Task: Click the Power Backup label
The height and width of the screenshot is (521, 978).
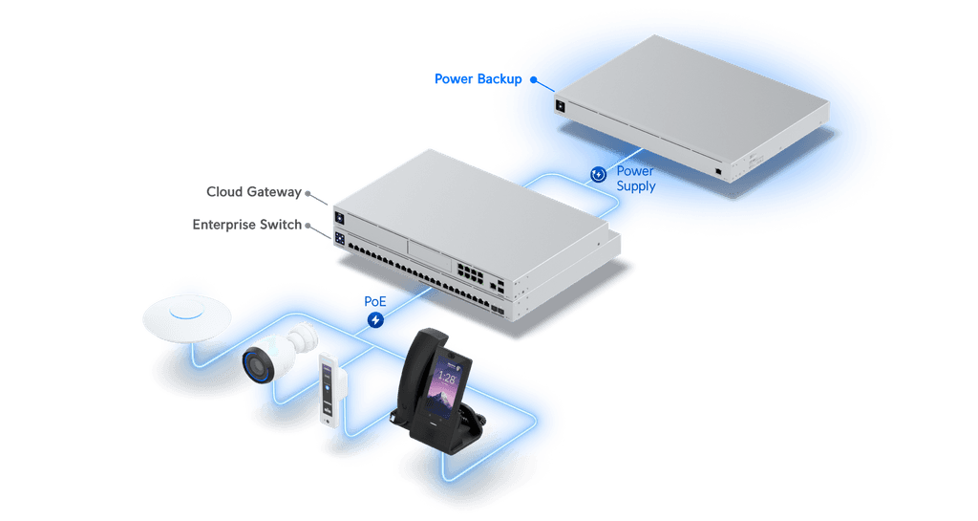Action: pos(478,79)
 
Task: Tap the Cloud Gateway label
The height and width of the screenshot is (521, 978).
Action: pos(254,192)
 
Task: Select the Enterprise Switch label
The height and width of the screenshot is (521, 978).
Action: pos(247,225)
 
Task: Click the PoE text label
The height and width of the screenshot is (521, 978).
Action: pos(374,301)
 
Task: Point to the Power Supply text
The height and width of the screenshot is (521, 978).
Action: pos(635,179)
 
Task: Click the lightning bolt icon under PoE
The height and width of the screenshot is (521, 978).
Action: pos(375,320)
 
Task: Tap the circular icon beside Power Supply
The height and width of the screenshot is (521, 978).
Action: pos(598,174)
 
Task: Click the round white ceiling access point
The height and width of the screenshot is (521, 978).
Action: pos(186,317)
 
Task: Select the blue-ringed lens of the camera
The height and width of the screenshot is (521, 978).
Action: pos(258,365)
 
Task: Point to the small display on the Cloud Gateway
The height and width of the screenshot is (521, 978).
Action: pos(340,218)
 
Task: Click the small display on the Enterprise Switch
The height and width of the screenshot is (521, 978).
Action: pos(340,238)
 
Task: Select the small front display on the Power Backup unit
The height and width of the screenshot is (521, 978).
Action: pos(560,107)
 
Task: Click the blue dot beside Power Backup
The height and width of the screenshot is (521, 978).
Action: pos(533,80)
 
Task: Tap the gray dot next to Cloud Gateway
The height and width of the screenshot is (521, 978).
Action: pos(308,193)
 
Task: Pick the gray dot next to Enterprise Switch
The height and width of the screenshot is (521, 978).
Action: pos(308,226)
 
